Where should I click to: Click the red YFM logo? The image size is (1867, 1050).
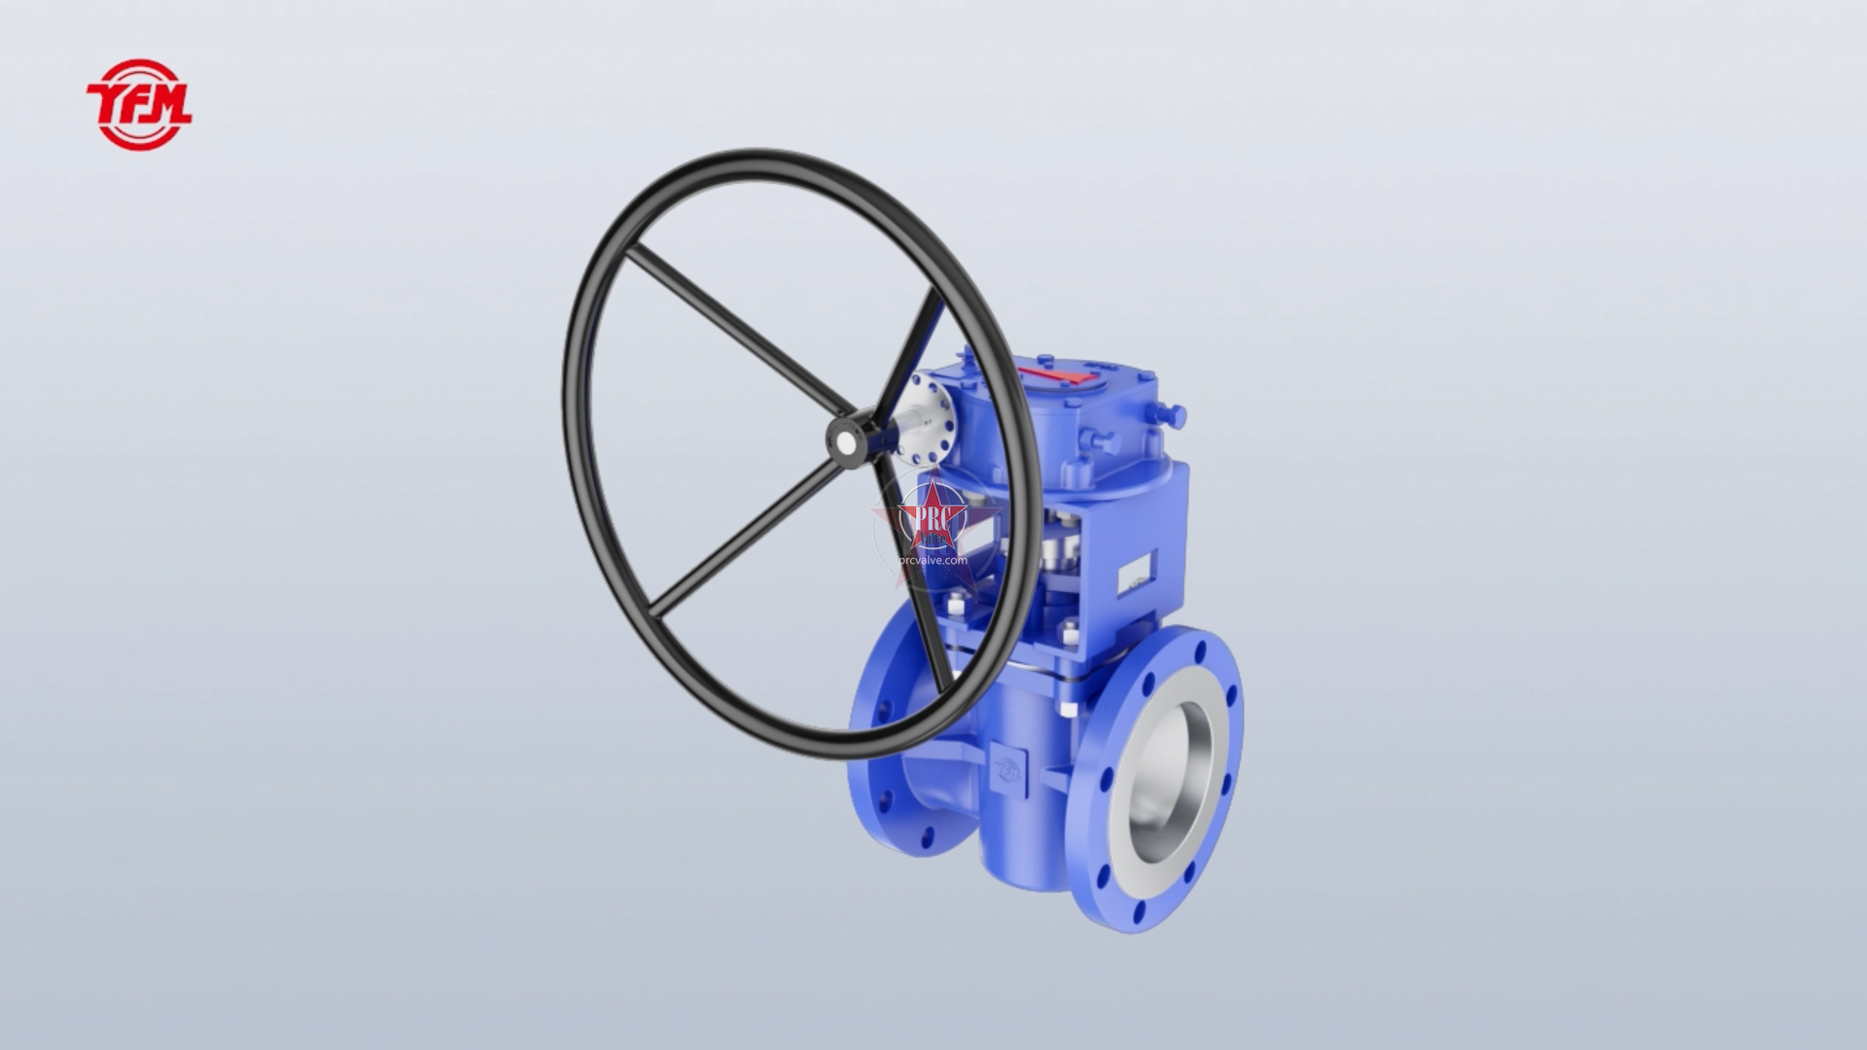point(139,104)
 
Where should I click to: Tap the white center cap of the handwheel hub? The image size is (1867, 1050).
point(846,442)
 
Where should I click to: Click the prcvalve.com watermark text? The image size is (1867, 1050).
point(933,560)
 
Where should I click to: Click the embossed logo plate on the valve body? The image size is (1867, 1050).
point(1004,764)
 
